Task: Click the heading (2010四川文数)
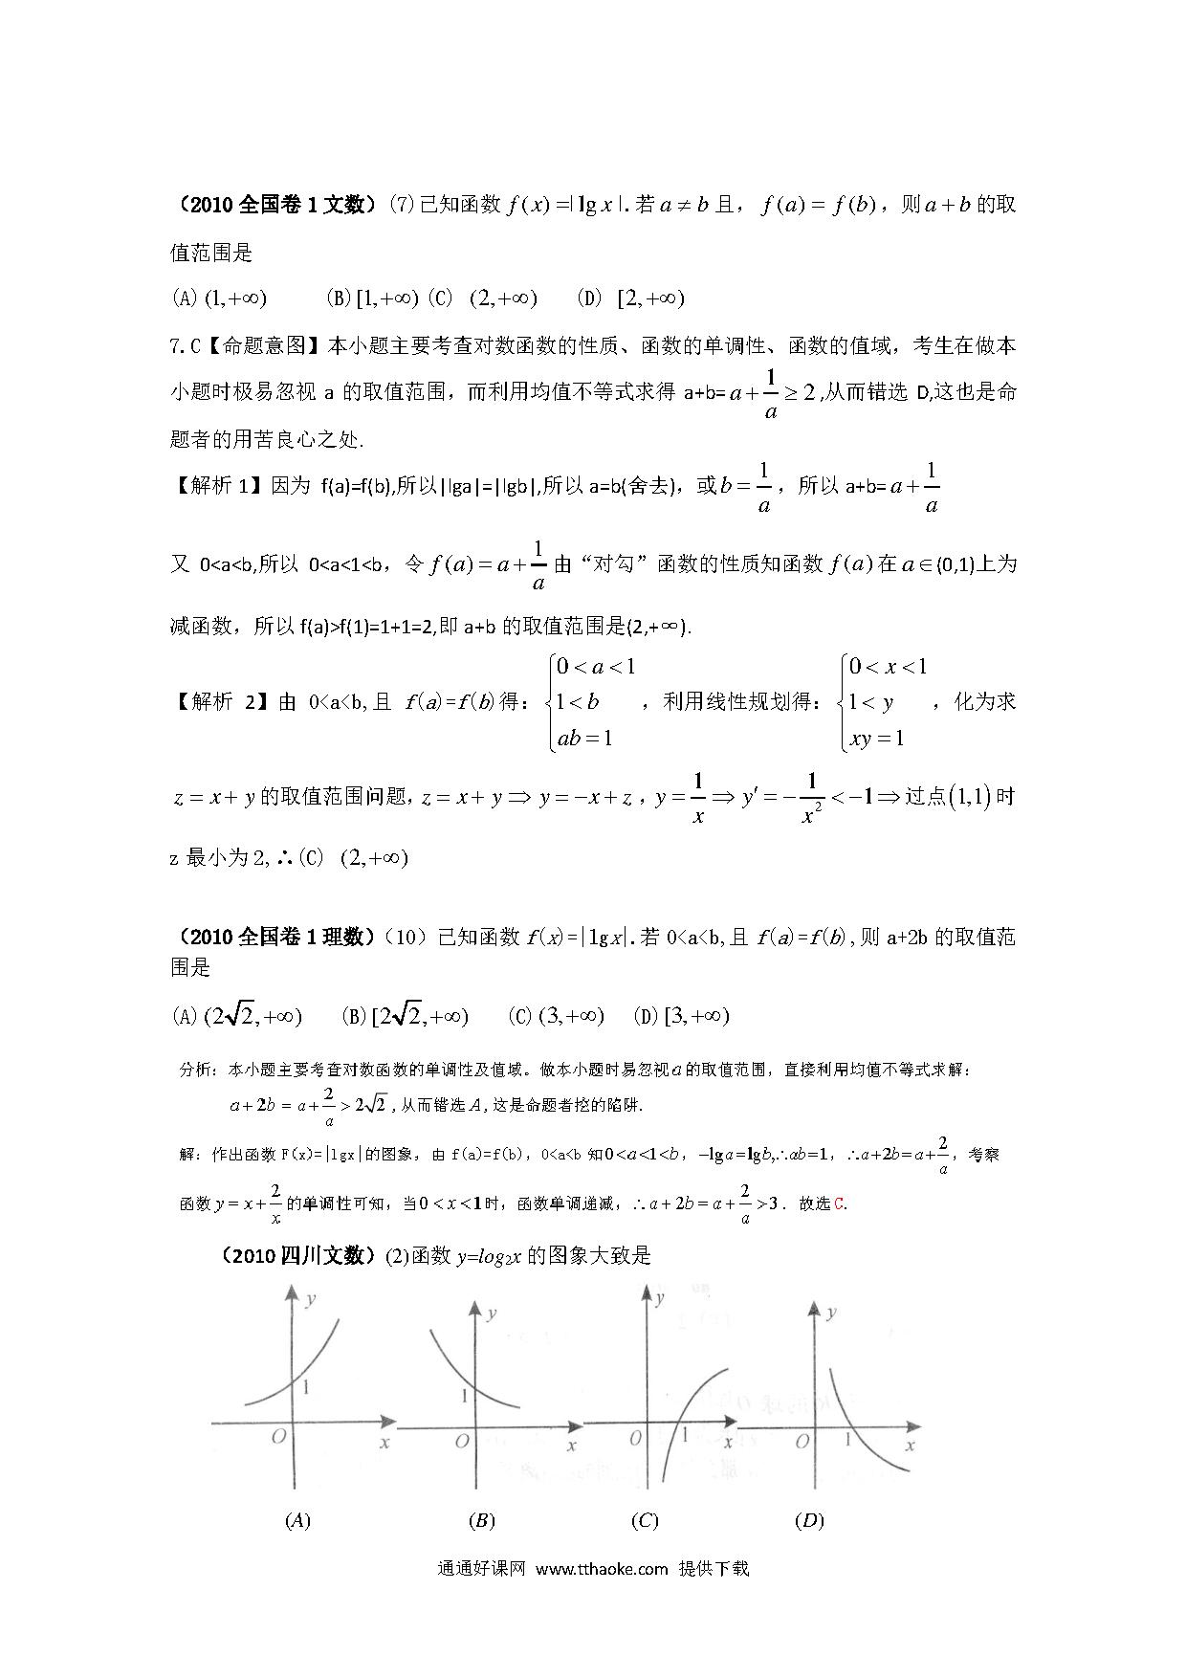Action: point(297,1255)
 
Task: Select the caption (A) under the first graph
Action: point(297,1520)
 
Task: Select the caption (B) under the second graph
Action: point(482,1520)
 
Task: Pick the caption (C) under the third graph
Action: point(646,1520)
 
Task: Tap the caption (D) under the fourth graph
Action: point(809,1520)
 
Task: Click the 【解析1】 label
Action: point(217,486)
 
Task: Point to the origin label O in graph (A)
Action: point(278,1438)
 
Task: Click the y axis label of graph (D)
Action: point(831,1314)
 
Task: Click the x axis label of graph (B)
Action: point(572,1446)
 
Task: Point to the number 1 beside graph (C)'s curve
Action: point(685,1435)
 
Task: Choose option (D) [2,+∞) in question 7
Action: point(631,298)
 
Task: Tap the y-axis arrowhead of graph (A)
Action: point(289,1292)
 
